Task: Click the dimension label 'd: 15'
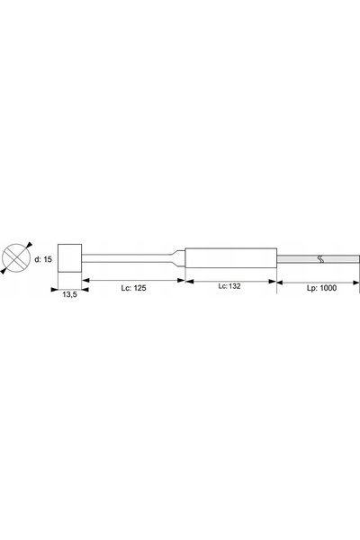(x=43, y=259)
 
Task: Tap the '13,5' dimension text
(x=69, y=294)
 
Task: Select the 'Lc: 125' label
(x=133, y=288)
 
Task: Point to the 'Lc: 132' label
(x=229, y=286)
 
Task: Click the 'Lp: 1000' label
(x=322, y=288)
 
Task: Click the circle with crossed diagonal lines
(x=16, y=257)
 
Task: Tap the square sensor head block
(x=69, y=258)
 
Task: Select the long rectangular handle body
(x=230, y=258)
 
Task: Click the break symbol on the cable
(x=320, y=259)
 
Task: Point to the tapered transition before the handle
(x=178, y=258)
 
